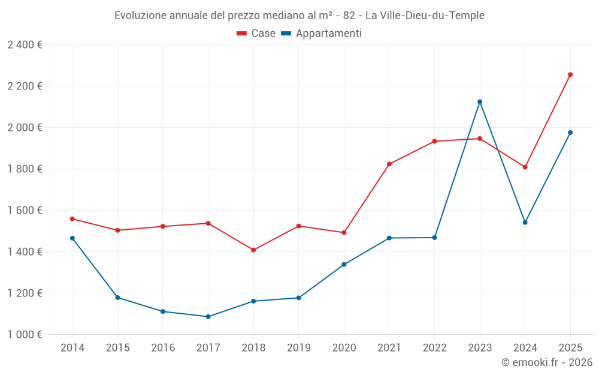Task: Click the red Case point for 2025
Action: [570, 74]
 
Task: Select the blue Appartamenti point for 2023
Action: [480, 101]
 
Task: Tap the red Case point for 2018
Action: [253, 250]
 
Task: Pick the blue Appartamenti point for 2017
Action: [208, 316]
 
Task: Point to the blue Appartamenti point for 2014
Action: [72, 238]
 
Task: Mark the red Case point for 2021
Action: [389, 164]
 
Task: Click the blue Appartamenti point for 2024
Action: [525, 222]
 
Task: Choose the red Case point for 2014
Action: [72, 219]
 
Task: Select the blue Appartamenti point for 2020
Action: [344, 264]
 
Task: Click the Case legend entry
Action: [256, 34]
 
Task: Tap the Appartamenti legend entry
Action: [322, 34]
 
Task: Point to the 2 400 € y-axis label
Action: [25, 45]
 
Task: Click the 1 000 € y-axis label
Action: [25, 335]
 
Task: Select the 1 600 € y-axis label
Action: [25, 211]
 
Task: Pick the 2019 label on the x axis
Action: [298, 348]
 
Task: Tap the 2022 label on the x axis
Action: [434, 348]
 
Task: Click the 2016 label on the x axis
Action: [163, 348]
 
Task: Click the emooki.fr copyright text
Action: [546, 362]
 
